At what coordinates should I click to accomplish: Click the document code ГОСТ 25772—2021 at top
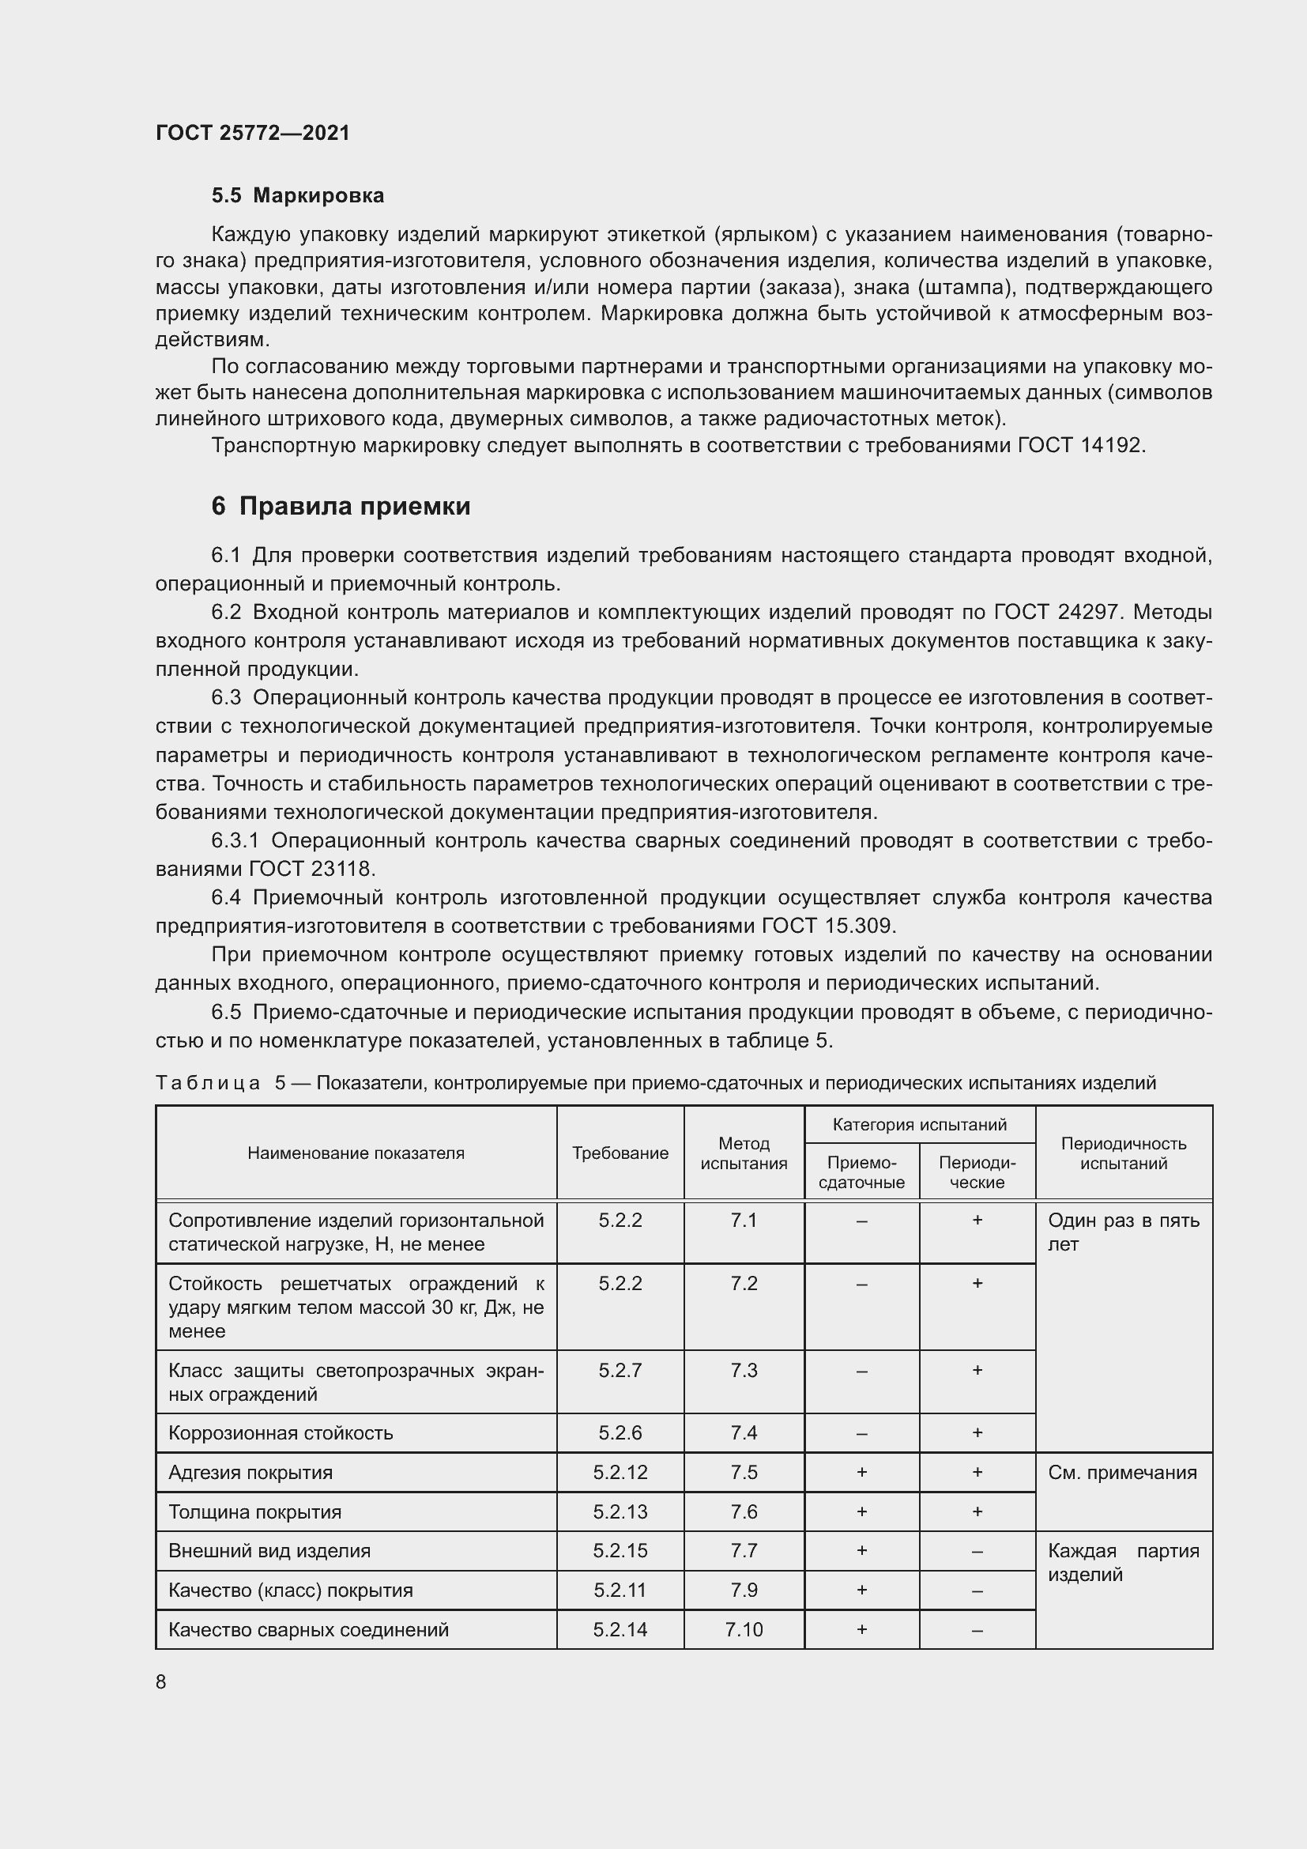point(253,133)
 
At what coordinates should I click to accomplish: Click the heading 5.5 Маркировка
point(298,196)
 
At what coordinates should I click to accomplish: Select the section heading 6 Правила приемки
point(341,506)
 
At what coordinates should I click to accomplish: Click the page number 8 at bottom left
point(161,1681)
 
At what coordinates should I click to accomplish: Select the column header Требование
point(620,1153)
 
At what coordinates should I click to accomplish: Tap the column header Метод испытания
point(744,1153)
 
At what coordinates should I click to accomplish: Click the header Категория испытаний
point(919,1125)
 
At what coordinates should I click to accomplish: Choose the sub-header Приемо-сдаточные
point(861,1172)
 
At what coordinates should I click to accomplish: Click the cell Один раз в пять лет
point(1123,1232)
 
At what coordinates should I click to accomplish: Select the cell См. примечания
point(1122,1473)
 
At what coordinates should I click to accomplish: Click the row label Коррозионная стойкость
point(280,1433)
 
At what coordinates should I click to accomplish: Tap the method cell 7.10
point(744,1630)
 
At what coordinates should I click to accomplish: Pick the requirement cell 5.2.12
point(620,1473)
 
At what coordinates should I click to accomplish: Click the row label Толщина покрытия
point(254,1512)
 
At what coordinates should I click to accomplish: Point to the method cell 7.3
point(744,1371)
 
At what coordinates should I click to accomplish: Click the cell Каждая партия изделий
point(1123,1562)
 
